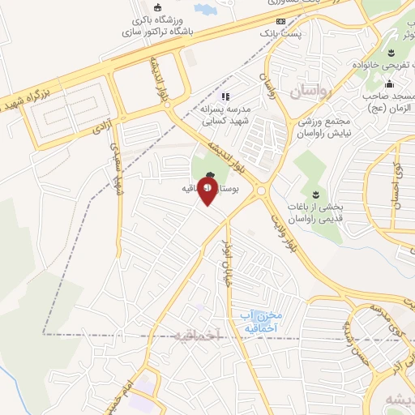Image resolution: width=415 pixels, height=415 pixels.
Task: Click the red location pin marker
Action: [207, 193]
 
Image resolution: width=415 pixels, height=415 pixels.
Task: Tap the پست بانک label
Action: [274, 34]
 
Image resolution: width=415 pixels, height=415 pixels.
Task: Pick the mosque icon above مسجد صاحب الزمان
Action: [389, 83]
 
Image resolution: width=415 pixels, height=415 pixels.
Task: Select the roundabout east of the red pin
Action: [261, 192]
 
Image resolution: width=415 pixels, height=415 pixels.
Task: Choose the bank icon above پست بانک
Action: [280, 21]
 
